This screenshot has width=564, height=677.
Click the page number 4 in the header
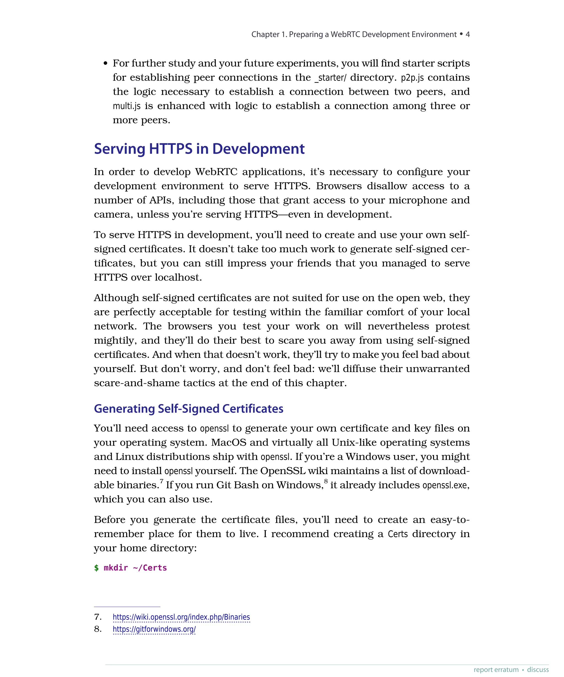(x=467, y=34)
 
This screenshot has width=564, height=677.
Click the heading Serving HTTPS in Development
(x=199, y=149)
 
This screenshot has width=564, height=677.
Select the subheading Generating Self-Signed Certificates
(x=189, y=409)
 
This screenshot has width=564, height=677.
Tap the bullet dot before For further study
(x=105, y=64)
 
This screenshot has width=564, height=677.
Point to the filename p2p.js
(x=412, y=78)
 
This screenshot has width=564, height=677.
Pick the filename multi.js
(x=127, y=106)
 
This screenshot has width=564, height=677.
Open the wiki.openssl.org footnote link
(x=181, y=617)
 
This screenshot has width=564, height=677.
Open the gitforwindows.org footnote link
(x=154, y=629)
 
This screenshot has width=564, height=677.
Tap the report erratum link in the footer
(x=496, y=670)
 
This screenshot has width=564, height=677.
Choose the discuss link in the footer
(x=538, y=670)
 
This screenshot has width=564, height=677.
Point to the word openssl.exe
(x=445, y=485)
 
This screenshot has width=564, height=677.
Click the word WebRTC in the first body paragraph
(x=216, y=172)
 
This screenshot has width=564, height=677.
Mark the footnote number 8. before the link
(x=98, y=629)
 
